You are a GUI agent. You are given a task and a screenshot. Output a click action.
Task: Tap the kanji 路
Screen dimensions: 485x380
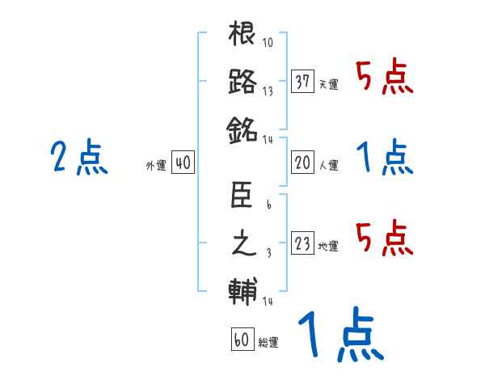pos(242,82)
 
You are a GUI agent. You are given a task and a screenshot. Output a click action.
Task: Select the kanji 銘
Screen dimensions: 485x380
pos(242,129)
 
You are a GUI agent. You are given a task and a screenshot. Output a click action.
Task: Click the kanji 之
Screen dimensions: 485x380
pos(242,243)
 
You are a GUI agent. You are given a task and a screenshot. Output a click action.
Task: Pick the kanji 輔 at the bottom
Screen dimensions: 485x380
pos(242,290)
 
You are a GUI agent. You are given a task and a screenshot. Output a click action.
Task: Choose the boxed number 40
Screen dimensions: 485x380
pos(183,163)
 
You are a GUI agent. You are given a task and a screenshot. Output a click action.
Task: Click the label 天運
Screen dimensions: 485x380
pos(328,85)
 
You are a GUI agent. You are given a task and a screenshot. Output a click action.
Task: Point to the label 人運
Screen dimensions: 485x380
pos(328,166)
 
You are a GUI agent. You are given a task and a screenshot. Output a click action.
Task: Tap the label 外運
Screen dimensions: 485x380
pos(156,166)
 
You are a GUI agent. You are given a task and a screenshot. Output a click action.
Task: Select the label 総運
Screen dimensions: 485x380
pos(268,342)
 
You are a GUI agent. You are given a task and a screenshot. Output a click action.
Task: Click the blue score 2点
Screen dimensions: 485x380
pos(78,158)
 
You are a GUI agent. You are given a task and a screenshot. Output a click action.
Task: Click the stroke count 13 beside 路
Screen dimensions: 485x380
pos(268,91)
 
